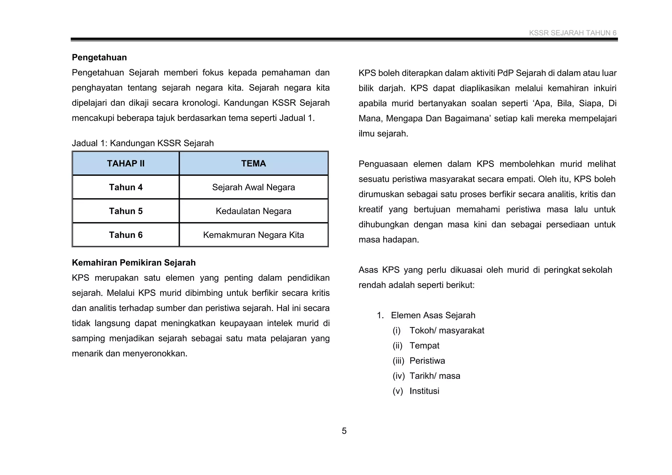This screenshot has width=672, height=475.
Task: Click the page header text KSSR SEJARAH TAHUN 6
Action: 572,33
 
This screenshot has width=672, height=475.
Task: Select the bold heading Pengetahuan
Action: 99,57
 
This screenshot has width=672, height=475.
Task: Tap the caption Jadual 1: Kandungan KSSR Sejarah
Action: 143,143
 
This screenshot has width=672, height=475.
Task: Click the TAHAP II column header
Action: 126,163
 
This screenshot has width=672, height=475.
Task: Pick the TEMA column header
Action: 253,163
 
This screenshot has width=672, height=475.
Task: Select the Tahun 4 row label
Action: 126,187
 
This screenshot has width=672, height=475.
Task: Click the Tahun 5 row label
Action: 126,211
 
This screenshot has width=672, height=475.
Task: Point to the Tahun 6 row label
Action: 126,235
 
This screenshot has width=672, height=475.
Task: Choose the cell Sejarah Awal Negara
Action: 253,187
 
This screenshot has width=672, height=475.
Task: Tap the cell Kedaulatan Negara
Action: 253,211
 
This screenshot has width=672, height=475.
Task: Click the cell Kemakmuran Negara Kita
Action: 253,235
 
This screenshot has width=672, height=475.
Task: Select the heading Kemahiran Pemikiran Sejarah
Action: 134,263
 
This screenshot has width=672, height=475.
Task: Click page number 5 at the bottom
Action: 344,431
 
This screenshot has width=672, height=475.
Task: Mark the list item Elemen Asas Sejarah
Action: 433,315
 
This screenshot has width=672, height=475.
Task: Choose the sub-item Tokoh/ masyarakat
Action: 447,330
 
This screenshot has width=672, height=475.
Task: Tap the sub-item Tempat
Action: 424,345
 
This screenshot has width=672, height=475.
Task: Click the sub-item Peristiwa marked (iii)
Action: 427,361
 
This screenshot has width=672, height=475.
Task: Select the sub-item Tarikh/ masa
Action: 435,376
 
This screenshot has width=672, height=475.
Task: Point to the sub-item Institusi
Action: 424,391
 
